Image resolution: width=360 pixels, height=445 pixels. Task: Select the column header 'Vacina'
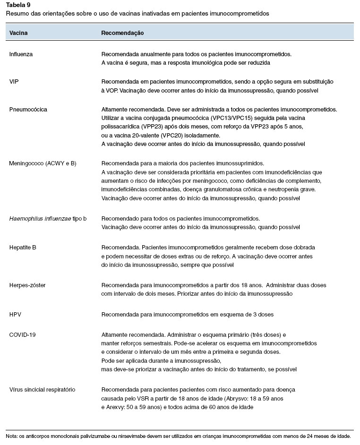tap(18, 34)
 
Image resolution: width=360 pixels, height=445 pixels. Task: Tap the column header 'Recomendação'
tap(122, 34)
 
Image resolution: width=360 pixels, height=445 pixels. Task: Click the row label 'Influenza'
tap(21, 54)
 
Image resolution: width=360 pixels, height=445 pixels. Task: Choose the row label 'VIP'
tap(14, 81)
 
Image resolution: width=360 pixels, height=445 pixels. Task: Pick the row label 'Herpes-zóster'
tap(27, 285)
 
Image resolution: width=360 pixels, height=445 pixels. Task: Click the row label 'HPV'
tap(15, 314)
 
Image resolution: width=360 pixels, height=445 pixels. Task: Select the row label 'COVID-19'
tap(22, 334)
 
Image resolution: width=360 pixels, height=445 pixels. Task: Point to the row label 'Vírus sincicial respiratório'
tap(42, 390)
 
